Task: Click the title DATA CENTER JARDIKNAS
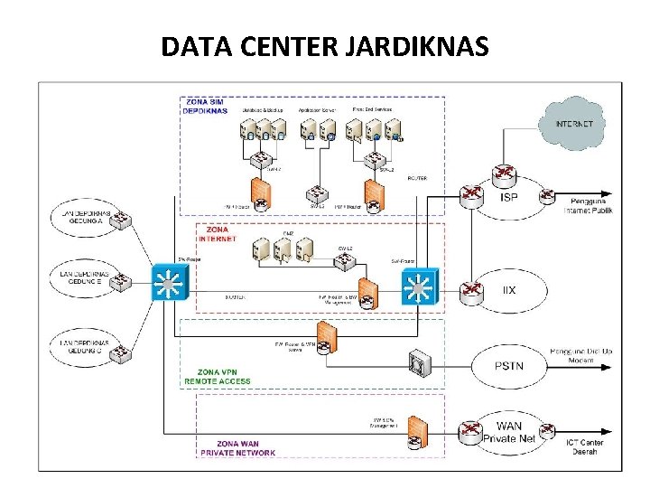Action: pyautogui.click(x=325, y=45)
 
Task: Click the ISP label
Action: pyautogui.click(x=509, y=196)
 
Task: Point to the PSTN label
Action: pyautogui.click(x=509, y=365)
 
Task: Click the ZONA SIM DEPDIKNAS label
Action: pyautogui.click(x=206, y=106)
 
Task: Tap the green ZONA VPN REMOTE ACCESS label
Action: pyautogui.click(x=218, y=377)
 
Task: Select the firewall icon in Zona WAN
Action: pyautogui.click(x=416, y=433)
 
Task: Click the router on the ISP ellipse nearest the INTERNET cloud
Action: pyautogui.click(x=503, y=174)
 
